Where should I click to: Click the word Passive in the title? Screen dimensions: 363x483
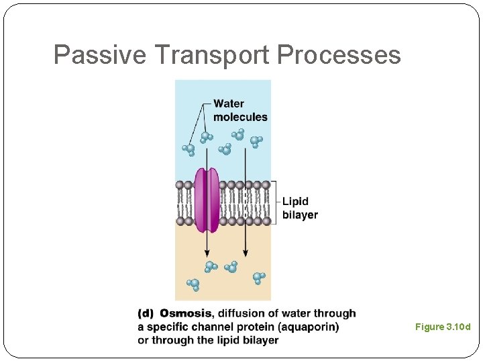pos(99,55)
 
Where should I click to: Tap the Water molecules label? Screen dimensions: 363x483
pos(240,110)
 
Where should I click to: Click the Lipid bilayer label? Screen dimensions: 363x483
pos(299,208)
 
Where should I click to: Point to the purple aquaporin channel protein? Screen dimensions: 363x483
pos(207,200)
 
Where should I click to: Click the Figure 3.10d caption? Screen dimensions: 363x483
pos(443,327)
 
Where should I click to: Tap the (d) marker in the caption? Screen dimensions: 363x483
pos(146,313)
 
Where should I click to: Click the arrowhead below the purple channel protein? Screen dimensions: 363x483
pos(204,252)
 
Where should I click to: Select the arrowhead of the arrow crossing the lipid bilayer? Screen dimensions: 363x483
pos(245,252)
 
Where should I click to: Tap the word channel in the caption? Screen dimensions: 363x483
pos(217,327)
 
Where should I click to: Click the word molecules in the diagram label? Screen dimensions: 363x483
pos(240,117)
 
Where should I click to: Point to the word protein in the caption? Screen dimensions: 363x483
pos(256,327)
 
